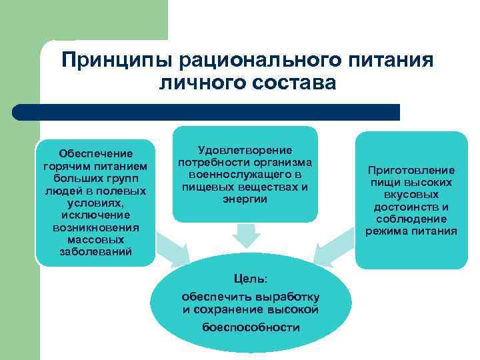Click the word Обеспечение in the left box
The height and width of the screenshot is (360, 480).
point(96,154)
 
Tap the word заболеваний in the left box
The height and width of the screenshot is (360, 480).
point(96,251)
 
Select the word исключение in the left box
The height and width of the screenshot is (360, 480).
point(96,215)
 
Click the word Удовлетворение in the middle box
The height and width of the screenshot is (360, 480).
point(245,151)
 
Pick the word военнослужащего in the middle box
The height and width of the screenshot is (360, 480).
point(245,175)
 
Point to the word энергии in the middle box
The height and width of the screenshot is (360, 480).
point(245,199)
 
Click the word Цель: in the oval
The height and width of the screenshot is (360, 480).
point(250,278)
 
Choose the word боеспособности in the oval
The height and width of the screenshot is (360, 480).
point(250,327)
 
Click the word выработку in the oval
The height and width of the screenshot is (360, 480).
point(286,296)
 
